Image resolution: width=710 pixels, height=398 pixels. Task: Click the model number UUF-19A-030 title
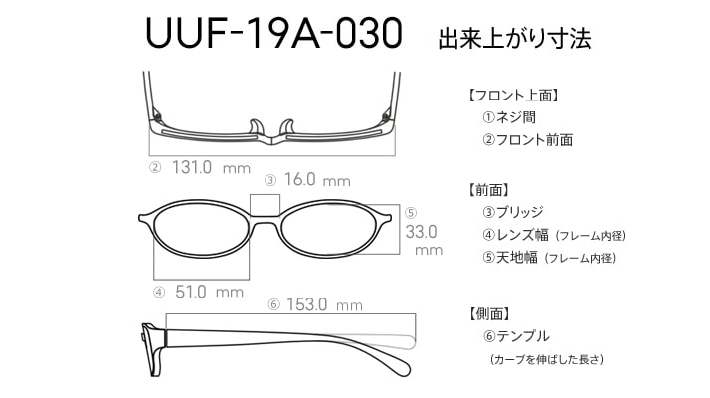coord(273,33)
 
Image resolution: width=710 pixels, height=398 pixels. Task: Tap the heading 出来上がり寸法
coord(514,38)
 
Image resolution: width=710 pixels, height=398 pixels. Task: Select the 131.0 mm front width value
coord(211,168)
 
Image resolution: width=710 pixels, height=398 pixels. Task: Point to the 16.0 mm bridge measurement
coord(317,180)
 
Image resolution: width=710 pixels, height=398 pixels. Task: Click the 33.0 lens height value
coord(421,232)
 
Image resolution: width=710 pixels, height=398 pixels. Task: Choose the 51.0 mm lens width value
coord(209,292)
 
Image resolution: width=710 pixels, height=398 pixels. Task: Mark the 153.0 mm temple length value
coord(324,304)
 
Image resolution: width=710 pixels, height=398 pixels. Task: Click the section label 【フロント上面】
coord(512,96)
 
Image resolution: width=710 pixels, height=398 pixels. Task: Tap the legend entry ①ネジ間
coord(509,117)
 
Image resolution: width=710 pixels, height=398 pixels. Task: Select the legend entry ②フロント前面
coord(527,140)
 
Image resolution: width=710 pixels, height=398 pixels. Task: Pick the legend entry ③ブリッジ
coord(513,212)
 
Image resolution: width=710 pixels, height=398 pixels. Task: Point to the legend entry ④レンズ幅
coord(515,235)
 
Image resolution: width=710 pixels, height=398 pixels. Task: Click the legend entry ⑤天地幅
coord(510,258)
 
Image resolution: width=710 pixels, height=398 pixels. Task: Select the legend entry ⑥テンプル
coord(516,336)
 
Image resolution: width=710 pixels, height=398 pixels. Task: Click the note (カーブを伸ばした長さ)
coord(547,359)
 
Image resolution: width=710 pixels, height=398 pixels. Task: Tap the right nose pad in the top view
coord(287,127)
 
